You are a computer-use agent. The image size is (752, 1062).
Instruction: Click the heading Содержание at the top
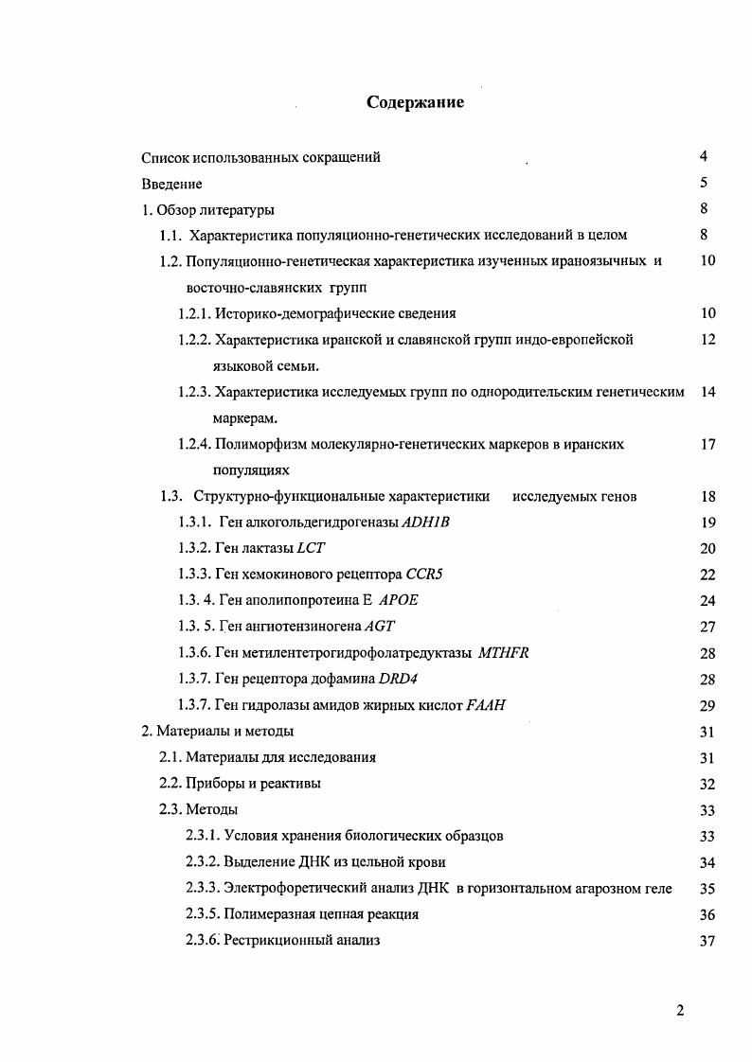click(x=415, y=102)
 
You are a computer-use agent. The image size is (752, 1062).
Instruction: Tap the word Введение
click(x=171, y=184)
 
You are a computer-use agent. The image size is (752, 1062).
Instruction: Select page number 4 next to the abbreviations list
click(x=704, y=157)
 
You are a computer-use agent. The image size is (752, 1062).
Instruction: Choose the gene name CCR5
click(x=424, y=575)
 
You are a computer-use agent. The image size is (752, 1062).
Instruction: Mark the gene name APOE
click(x=398, y=600)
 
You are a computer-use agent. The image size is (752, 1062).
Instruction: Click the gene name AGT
click(x=378, y=627)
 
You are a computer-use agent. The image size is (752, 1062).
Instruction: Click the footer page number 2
click(x=680, y=1010)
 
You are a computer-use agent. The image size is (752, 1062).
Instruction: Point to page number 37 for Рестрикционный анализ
click(x=706, y=941)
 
